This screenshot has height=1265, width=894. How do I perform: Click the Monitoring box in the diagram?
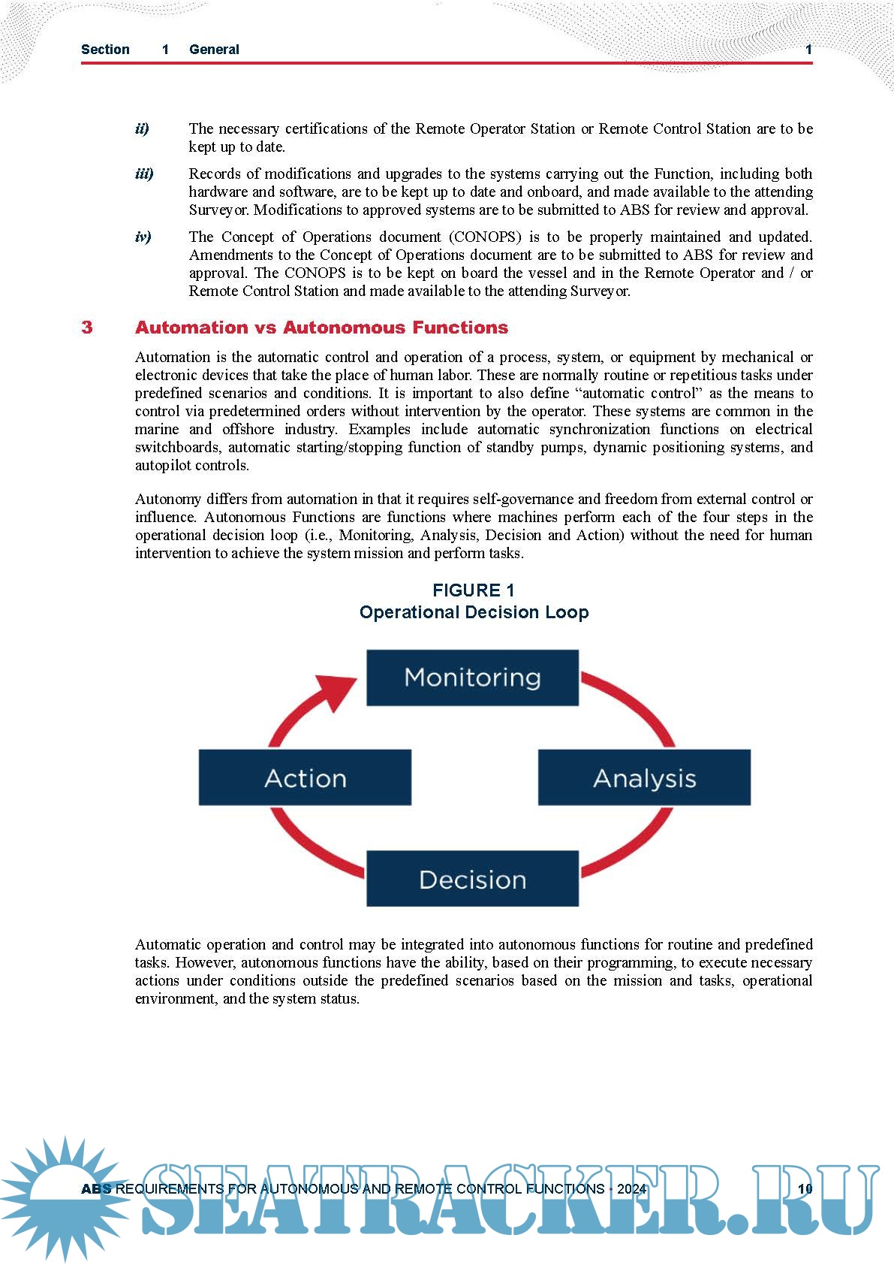[472, 678]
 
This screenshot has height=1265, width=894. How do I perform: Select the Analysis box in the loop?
[644, 777]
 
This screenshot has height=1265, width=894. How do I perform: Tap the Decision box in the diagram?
[472, 879]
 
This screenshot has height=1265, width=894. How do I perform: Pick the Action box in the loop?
[305, 777]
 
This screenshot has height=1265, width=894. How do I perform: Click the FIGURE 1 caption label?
[474, 590]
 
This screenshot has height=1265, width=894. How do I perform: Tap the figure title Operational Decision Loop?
[474, 612]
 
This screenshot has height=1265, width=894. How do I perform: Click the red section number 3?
[87, 328]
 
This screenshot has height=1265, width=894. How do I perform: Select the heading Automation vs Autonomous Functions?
[321, 328]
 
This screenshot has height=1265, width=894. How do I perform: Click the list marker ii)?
[142, 129]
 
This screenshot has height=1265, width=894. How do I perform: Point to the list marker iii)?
[144, 174]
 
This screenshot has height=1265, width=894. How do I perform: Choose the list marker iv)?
[143, 237]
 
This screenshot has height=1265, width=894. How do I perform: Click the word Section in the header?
[105, 50]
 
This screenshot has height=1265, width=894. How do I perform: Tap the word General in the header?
[214, 50]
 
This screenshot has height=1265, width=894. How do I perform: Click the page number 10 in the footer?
[805, 1188]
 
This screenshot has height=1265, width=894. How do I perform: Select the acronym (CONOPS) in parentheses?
[485, 237]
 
